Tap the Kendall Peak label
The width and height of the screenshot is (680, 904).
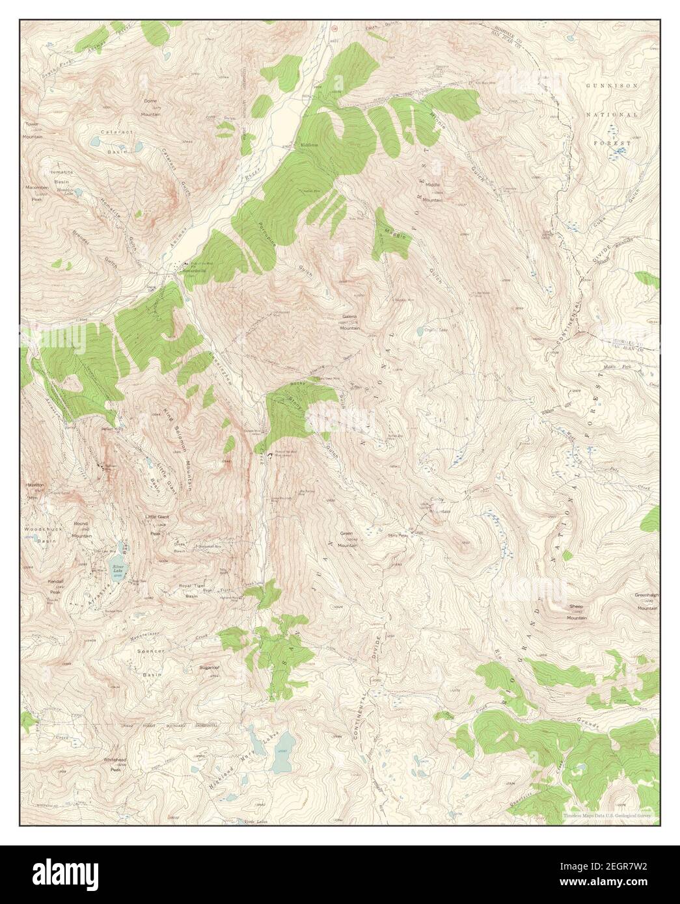55,589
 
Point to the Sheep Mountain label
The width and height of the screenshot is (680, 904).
577,612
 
